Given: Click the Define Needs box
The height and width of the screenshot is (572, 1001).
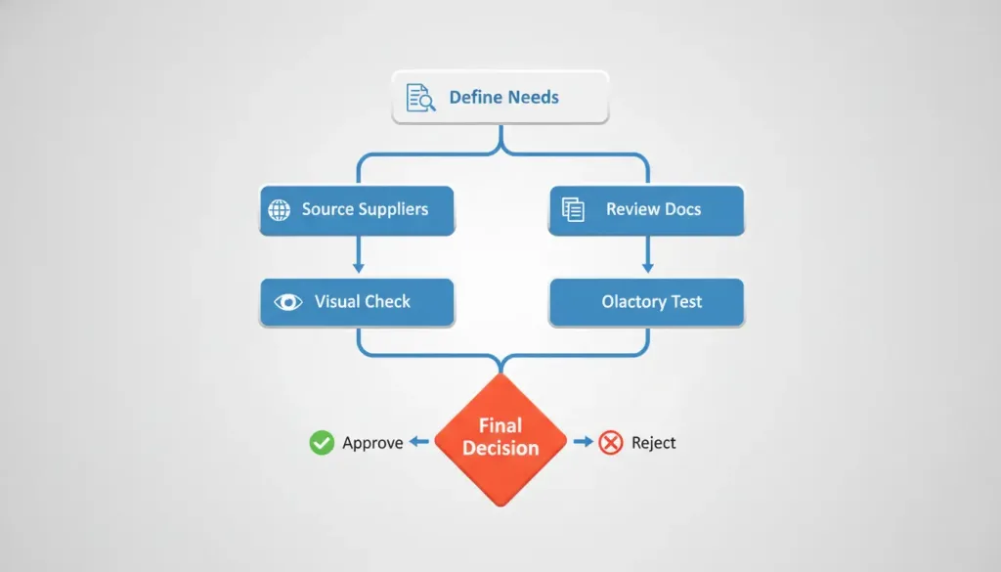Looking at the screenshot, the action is point(500,97).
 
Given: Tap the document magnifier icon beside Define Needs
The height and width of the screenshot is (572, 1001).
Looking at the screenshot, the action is point(420,97).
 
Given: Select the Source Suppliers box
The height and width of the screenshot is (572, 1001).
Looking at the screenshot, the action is point(357,210).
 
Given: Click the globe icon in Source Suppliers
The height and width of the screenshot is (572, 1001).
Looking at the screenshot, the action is point(279,210).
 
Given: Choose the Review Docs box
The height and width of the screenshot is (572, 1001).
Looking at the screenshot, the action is point(647,210).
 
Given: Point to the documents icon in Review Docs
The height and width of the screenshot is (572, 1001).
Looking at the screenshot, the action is point(573,209).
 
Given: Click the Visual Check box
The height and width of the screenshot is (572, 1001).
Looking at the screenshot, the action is point(357,302).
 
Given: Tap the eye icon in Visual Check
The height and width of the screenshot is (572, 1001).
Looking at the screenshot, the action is point(288,302).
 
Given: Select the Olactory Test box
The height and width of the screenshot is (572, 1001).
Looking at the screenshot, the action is point(647,302).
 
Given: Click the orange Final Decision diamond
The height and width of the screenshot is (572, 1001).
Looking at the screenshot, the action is point(500,440).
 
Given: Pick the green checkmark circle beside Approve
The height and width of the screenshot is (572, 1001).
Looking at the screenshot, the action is point(322,442).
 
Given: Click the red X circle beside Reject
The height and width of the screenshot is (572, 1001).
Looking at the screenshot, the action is point(611,442).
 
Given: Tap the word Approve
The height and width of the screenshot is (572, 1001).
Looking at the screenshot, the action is point(372,443).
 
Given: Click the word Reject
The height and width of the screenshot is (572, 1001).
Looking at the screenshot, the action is point(653,443).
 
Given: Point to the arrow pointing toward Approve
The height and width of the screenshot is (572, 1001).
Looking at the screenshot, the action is point(418,441).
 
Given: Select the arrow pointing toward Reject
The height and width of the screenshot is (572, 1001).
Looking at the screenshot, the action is point(584,441).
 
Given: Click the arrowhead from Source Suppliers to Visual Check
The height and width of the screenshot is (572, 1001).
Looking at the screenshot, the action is point(358,267).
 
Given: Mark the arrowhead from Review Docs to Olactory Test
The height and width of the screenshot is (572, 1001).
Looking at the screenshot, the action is point(647,267).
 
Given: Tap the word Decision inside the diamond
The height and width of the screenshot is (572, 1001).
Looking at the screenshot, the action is point(500,448).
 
